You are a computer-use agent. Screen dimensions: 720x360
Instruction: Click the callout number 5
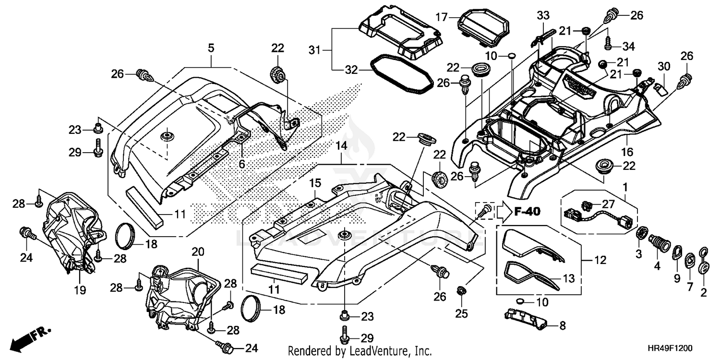(211, 48)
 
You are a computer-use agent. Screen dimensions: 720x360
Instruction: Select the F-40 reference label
(527, 212)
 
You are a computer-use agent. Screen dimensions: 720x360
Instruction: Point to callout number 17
(442, 17)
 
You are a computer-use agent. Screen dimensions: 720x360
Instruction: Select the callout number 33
(543, 15)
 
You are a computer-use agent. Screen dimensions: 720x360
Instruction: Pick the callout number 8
(563, 325)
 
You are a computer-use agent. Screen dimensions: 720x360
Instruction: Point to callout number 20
(198, 252)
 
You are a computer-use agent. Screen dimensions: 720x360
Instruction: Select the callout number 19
(80, 290)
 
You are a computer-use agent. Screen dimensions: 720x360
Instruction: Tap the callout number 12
(600, 260)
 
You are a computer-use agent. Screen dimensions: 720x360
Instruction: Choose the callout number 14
(341, 145)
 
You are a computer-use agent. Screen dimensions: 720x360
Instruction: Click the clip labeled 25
(461, 292)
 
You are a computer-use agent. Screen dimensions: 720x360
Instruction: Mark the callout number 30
(664, 66)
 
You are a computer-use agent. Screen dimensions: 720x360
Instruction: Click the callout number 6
(242, 164)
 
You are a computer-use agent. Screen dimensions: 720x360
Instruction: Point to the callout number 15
(315, 183)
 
